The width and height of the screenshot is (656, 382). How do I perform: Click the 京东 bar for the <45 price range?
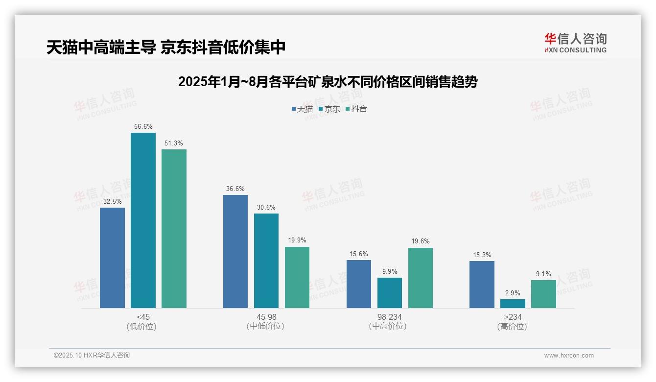pos(143,220)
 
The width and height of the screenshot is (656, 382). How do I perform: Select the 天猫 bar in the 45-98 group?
pos(235,251)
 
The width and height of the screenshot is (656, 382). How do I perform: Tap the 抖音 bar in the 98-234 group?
pos(420,278)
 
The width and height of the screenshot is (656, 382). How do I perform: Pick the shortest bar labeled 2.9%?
pos(513,304)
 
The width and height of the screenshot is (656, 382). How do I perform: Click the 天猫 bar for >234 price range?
pos(482,285)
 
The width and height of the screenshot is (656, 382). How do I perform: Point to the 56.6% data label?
pos(143,126)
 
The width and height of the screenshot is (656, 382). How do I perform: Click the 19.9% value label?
pos(297,240)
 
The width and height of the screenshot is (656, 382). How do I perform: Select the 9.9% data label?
pos(390,271)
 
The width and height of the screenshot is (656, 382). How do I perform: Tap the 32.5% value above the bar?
pos(112,201)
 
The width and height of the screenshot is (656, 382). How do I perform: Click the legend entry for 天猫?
pos(302,109)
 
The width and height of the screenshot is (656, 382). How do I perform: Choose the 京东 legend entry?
pos(329,109)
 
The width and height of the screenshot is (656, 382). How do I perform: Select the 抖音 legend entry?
pos(356,109)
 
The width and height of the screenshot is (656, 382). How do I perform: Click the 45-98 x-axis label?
pos(266,317)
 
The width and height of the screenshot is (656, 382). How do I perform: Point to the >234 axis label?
pos(513,317)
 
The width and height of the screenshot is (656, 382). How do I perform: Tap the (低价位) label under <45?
pos(142,326)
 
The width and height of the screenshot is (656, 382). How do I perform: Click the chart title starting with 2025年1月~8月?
pos(328,82)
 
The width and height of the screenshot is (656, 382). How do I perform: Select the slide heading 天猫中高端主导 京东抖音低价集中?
pos(166,47)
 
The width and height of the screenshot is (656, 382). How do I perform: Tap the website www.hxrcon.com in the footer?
pos(569,356)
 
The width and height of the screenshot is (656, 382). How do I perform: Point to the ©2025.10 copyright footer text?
pos(92,356)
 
